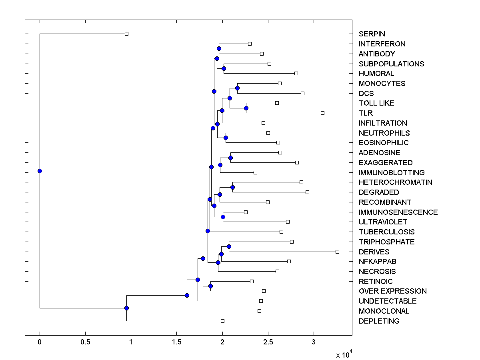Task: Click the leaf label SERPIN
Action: [x=372, y=34]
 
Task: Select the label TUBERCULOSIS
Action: [x=386, y=232]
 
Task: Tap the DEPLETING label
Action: [x=379, y=321]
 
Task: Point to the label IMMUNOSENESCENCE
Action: [x=398, y=212]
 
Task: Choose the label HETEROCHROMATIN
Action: [x=395, y=182]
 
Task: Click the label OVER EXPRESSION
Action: [x=392, y=291]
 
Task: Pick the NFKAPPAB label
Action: [x=378, y=262]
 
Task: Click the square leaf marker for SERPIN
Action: [x=126, y=34]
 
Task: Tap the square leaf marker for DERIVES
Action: [x=337, y=252]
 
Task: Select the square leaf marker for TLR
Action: [x=322, y=113]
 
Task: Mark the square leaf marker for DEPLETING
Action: [x=222, y=321]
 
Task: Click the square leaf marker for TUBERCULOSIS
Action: [x=281, y=232]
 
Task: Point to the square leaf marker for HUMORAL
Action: [x=296, y=73]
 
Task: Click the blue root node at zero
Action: [x=40, y=171]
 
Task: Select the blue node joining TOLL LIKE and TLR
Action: [x=246, y=108]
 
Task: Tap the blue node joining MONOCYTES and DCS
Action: [x=237, y=88]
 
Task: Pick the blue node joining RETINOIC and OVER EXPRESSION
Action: [x=210, y=286]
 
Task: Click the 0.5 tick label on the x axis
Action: [x=85, y=342]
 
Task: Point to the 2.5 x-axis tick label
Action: [x=268, y=342]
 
